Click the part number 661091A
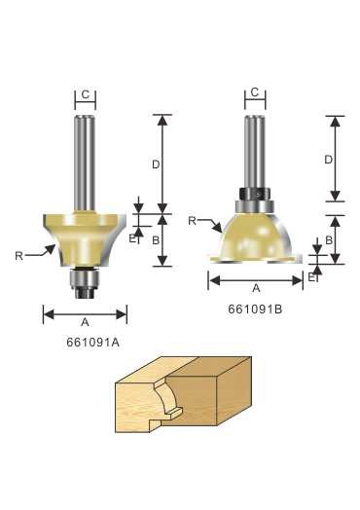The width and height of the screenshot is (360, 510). click(x=93, y=343)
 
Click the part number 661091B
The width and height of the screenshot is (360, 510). click(x=255, y=309)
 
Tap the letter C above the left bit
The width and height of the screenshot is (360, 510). click(x=86, y=94)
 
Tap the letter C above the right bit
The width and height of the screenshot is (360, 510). click(x=255, y=92)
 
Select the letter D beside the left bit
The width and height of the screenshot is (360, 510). click(x=156, y=164)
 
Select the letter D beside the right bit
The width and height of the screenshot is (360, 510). click(x=329, y=160)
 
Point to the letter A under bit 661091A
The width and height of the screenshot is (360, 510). click(x=85, y=322)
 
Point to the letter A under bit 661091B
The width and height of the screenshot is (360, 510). click(x=257, y=288)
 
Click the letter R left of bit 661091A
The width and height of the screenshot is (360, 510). click(x=18, y=256)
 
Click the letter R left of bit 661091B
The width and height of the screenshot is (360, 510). click(x=193, y=221)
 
